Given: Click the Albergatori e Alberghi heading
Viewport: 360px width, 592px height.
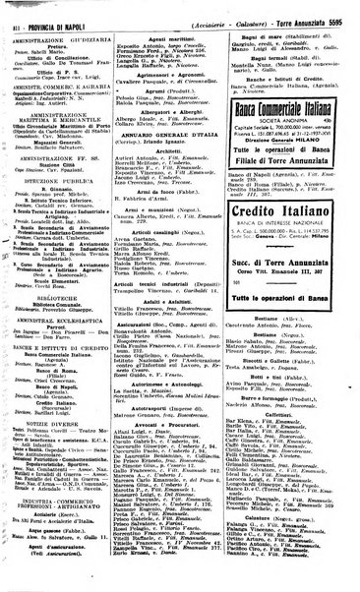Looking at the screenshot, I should (180, 111).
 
